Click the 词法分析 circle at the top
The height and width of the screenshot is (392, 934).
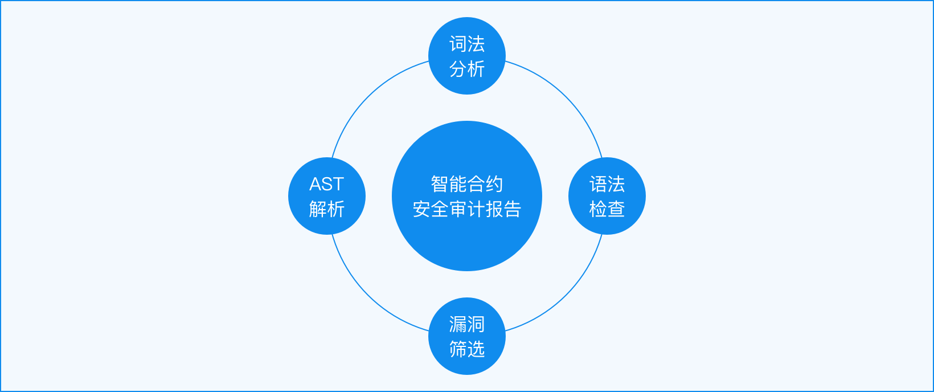coord(467,56)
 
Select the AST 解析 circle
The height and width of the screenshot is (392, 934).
coord(327,196)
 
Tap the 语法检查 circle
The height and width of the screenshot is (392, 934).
coord(607,196)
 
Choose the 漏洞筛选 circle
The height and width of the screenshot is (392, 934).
coord(467,336)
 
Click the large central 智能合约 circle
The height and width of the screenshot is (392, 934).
coord(467,196)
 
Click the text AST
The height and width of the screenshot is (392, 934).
coord(326,185)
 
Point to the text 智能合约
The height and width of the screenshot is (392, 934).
coord(467,184)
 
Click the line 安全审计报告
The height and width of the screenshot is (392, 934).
coord(467,209)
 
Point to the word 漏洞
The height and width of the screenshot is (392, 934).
coord(467,324)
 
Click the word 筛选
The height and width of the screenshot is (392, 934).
coord(467,349)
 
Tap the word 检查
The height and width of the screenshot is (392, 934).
coord(607,209)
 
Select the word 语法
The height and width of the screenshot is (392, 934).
coord(607,184)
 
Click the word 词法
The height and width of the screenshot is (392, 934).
coord(467,44)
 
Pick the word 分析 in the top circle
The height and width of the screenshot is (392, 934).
coord(467,69)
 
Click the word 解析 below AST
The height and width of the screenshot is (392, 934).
coord(327,209)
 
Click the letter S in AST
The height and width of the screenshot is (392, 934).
coord(327,185)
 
